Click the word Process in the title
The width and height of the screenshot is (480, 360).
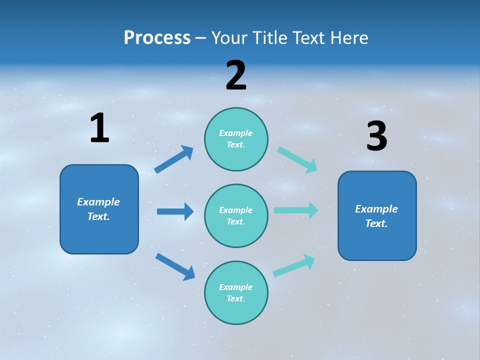click(x=157, y=38)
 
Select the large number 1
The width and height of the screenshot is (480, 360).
click(x=99, y=128)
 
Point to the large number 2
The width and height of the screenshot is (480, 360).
click(x=236, y=75)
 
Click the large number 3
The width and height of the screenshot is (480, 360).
click(x=376, y=136)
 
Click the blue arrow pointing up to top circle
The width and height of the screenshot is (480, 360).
click(x=173, y=159)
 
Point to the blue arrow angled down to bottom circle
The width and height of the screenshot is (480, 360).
click(x=175, y=266)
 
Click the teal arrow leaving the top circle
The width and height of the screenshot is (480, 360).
click(x=297, y=160)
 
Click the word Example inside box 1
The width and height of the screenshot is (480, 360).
click(x=98, y=202)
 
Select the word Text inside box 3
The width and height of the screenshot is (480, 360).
click(x=376, y=223)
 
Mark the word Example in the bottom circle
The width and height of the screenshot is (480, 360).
click(x=236, y=287)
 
